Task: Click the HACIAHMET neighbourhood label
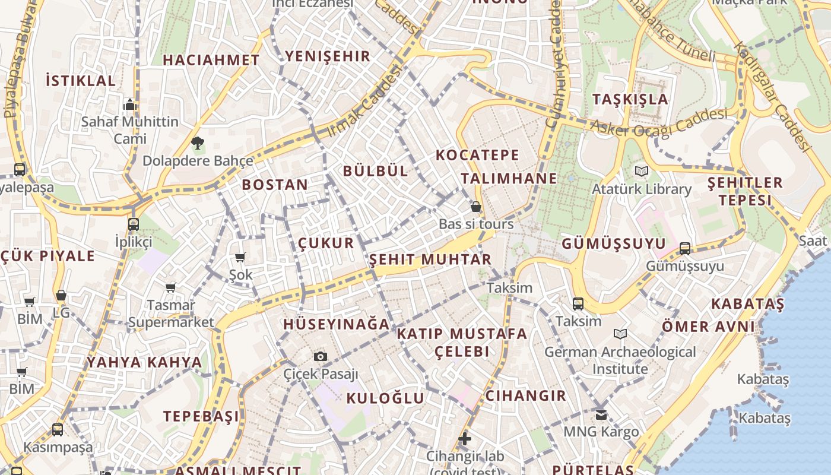click(x=211, y=60)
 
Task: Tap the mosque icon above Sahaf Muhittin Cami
click(x=130, y=105)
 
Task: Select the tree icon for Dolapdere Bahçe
click(x=198, y=142)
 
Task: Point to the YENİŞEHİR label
click(x=328, y=56)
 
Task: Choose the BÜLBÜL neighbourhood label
click(x=376, y=171)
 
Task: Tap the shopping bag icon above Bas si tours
click(x=475, y=207)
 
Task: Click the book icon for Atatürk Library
click(x=642, y=172)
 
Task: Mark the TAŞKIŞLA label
click(x=630, y=99)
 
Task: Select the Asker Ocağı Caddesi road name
click(x=659, y=121)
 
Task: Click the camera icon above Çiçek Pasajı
click(x=321, y=356)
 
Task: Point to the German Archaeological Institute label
click(x=620, y=360)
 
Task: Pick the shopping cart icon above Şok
click(x=240, y=257)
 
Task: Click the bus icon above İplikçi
click(x=134, y=224)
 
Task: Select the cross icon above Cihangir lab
click(x=465, y=439)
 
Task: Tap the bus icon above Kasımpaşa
click(x=58, y=429)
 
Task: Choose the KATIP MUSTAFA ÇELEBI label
click(x=462, y=342)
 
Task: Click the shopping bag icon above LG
click(x=61, y=295)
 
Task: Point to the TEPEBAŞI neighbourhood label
click(x=201, y=416)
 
